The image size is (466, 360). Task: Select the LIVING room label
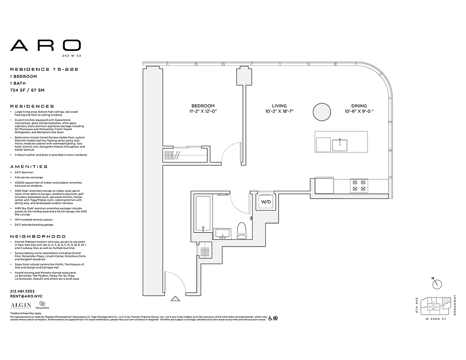tap(279, 105)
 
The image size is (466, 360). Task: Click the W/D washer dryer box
tap(266, 202)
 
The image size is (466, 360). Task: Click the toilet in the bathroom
tap(242, 230)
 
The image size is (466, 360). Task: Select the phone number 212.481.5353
tap(22, 291)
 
